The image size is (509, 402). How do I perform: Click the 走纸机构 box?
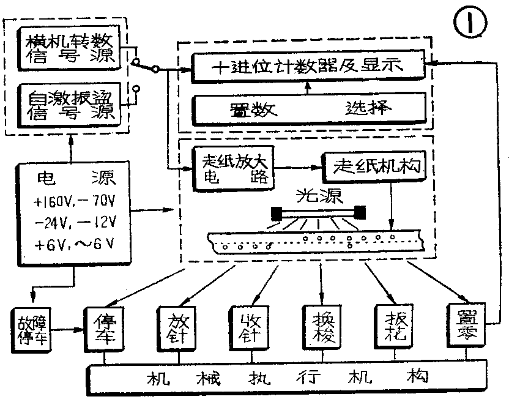point(374,166)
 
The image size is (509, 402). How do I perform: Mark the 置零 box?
point(466,327)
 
